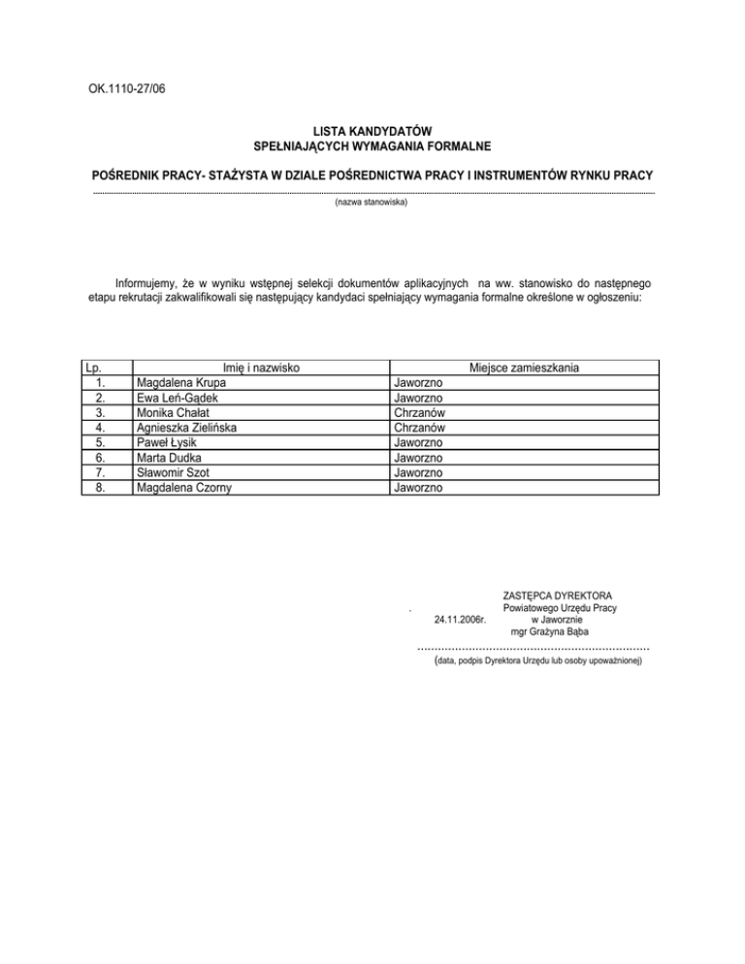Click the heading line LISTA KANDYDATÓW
(372, 130)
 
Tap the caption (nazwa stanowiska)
(372, 204)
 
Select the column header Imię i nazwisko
(260, 368)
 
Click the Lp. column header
(94, 368)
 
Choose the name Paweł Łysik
(168, 442)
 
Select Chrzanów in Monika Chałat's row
(419, 412)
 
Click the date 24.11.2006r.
(461, 619)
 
